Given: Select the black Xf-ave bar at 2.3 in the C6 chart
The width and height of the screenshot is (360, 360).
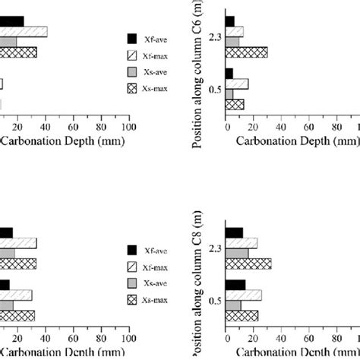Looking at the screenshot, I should click(x=230, y=21).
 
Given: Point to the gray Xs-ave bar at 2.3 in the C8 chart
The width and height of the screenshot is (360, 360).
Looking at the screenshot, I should click(x=237, y=253).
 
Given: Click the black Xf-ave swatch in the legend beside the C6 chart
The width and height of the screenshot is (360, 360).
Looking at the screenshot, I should click(x=132, y=36).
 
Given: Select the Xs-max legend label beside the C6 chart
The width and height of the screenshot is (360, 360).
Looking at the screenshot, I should click(x=156, y=88).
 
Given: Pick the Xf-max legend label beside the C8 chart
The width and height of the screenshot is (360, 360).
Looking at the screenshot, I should click(x=156, y=265).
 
